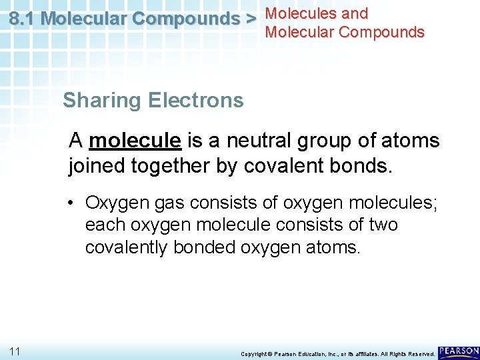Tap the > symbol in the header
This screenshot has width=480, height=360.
click(x=250, y=19)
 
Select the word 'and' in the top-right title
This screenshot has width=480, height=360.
click(x=353, y=13)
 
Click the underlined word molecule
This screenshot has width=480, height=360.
click(x=135, y=141)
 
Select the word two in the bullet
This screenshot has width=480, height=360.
click(x=383, y=225)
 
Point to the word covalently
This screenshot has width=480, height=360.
click(x=127, y=248)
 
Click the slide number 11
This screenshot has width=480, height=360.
click(x=15, y=351)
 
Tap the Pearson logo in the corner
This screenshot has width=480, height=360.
click(x=458, y=351)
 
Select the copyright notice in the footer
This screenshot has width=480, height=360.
click(x=337, y=353)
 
